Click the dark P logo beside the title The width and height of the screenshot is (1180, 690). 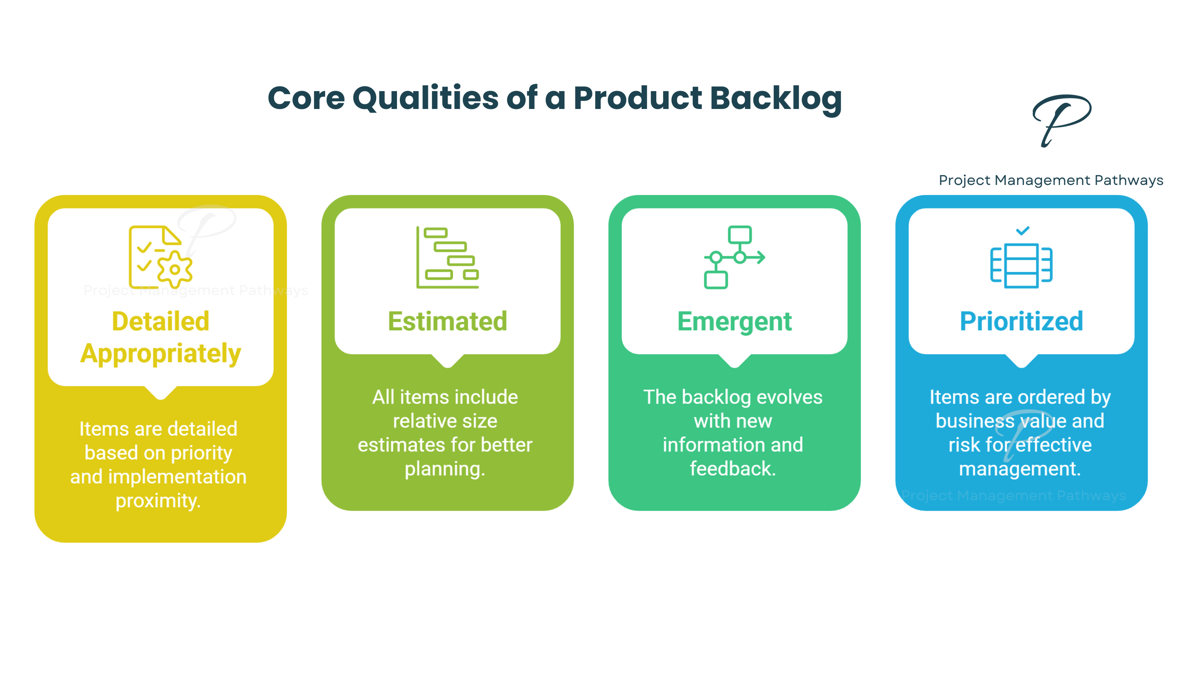click(1062, 121)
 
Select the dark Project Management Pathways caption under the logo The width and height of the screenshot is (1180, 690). click(1051, 180)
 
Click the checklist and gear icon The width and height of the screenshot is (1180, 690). click(160, 257)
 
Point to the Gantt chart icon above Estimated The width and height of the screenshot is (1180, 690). click(447, 257)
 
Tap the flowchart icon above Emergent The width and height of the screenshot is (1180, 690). click(734, 257)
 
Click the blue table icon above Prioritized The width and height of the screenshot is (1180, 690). click(1021, 265)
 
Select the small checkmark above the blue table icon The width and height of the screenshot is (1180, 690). click(1022, 231)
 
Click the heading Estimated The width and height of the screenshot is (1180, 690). click(447, 321)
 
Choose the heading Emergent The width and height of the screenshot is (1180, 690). click(734, 322)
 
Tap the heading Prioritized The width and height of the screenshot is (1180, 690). click(1021, 321)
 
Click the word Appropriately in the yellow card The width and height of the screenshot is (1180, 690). click(160, 354)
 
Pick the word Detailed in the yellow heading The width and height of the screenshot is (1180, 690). click(160, 321)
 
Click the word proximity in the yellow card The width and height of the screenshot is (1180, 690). click(158, 501)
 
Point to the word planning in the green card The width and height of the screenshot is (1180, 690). click(445, 469)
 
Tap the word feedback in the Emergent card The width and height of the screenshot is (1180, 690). click(733, 469)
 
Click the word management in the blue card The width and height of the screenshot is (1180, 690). click(1020, 469)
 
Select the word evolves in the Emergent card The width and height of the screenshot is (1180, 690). click(789, 397)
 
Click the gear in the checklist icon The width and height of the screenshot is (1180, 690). click(175, 269)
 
